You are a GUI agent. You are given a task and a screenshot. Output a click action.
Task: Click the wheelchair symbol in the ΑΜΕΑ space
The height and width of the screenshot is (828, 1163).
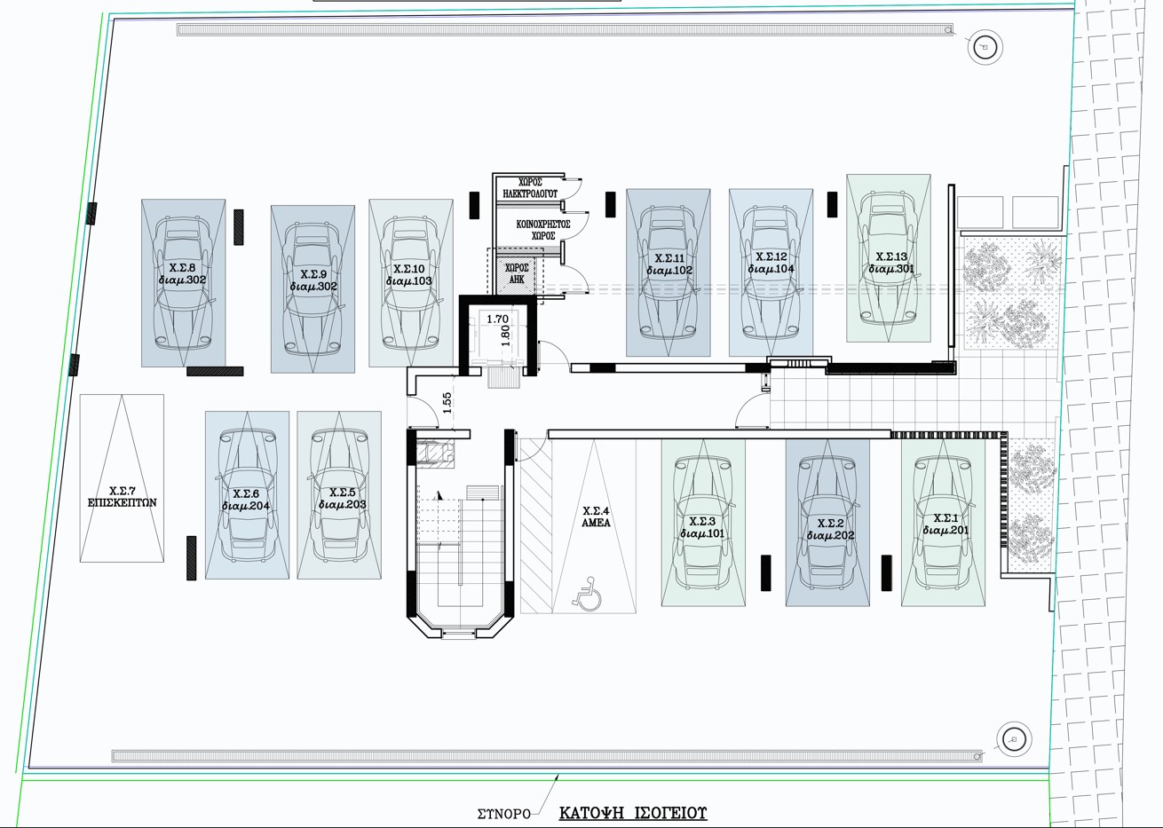[587, 594]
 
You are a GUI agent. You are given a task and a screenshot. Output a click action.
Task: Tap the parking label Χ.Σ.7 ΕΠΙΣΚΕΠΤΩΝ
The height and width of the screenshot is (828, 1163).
[122, 497]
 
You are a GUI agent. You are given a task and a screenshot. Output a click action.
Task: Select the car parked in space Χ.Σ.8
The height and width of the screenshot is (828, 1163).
[183, 281]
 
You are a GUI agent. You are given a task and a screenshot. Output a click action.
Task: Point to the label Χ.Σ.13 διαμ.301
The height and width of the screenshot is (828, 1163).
[891, 263]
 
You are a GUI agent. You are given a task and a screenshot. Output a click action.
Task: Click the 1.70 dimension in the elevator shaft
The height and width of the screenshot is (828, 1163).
[497, 319]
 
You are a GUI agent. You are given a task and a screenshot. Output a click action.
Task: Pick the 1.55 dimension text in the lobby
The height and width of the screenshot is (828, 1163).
[447, 403]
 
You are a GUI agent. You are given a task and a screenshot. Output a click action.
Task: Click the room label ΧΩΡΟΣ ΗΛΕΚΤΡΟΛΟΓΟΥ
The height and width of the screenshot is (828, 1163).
[530, 188]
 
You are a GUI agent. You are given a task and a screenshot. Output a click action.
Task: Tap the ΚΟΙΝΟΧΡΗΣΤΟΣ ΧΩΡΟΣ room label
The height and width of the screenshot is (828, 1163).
[543, 230]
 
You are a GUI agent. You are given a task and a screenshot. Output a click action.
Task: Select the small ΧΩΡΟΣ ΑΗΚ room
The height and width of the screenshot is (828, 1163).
[517, 273]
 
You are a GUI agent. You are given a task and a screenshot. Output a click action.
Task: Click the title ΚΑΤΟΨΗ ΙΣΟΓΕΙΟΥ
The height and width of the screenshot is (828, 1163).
[633, 812]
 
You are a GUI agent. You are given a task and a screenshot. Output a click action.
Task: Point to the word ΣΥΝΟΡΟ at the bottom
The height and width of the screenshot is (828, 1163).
[504, 814]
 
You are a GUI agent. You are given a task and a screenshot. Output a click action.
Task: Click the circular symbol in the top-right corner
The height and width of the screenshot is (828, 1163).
[985, 47]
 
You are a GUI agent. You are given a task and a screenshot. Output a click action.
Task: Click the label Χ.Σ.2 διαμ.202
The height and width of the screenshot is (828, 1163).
[831, 530]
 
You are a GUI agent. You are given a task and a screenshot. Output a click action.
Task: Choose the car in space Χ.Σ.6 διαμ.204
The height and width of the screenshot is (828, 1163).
[247, 495]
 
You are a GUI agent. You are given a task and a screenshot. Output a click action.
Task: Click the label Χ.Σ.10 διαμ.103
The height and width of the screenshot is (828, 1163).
[409, 275]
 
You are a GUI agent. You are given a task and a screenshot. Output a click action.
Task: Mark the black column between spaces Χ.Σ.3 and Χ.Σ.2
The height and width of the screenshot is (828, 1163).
[765, 572]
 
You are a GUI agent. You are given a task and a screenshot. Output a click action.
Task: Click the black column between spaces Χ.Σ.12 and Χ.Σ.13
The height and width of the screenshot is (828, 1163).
[832, 204]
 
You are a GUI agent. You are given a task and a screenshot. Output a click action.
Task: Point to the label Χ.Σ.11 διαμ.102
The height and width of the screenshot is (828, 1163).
[669, 264]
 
